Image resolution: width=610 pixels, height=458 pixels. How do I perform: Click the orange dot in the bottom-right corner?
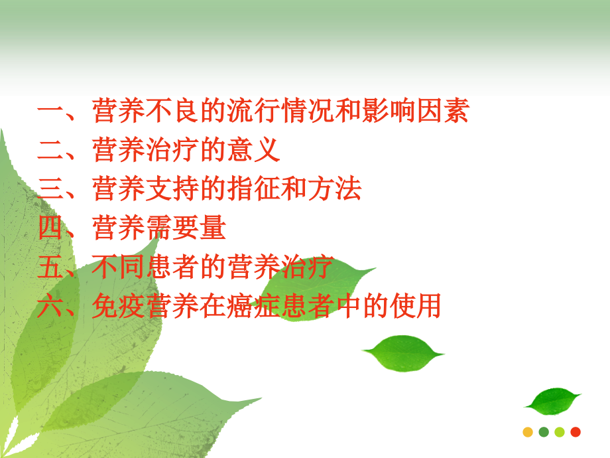click(x=528, y=432)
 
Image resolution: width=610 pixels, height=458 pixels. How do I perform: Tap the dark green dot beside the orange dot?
click(x=544, y=432)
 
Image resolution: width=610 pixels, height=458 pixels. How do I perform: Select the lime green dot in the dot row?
click(x=560, y=432)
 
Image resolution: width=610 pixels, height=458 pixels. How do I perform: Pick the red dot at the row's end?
click(x=576, y=432)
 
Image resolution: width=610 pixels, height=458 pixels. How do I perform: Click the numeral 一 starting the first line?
click(x=50, y=112)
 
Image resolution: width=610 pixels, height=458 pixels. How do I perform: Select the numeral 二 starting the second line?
click(x=50, y=150)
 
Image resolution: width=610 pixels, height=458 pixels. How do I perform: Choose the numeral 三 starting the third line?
click(x=50, y=189)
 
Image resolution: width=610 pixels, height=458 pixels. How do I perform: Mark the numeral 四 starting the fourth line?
click(x=50, y=228)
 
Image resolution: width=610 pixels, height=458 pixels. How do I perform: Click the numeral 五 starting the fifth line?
click(x=50, y=267)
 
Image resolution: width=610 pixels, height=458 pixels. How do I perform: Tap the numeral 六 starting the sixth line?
click(x=50, y=307)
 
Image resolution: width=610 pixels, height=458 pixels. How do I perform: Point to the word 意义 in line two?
click(x=254, y=150)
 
